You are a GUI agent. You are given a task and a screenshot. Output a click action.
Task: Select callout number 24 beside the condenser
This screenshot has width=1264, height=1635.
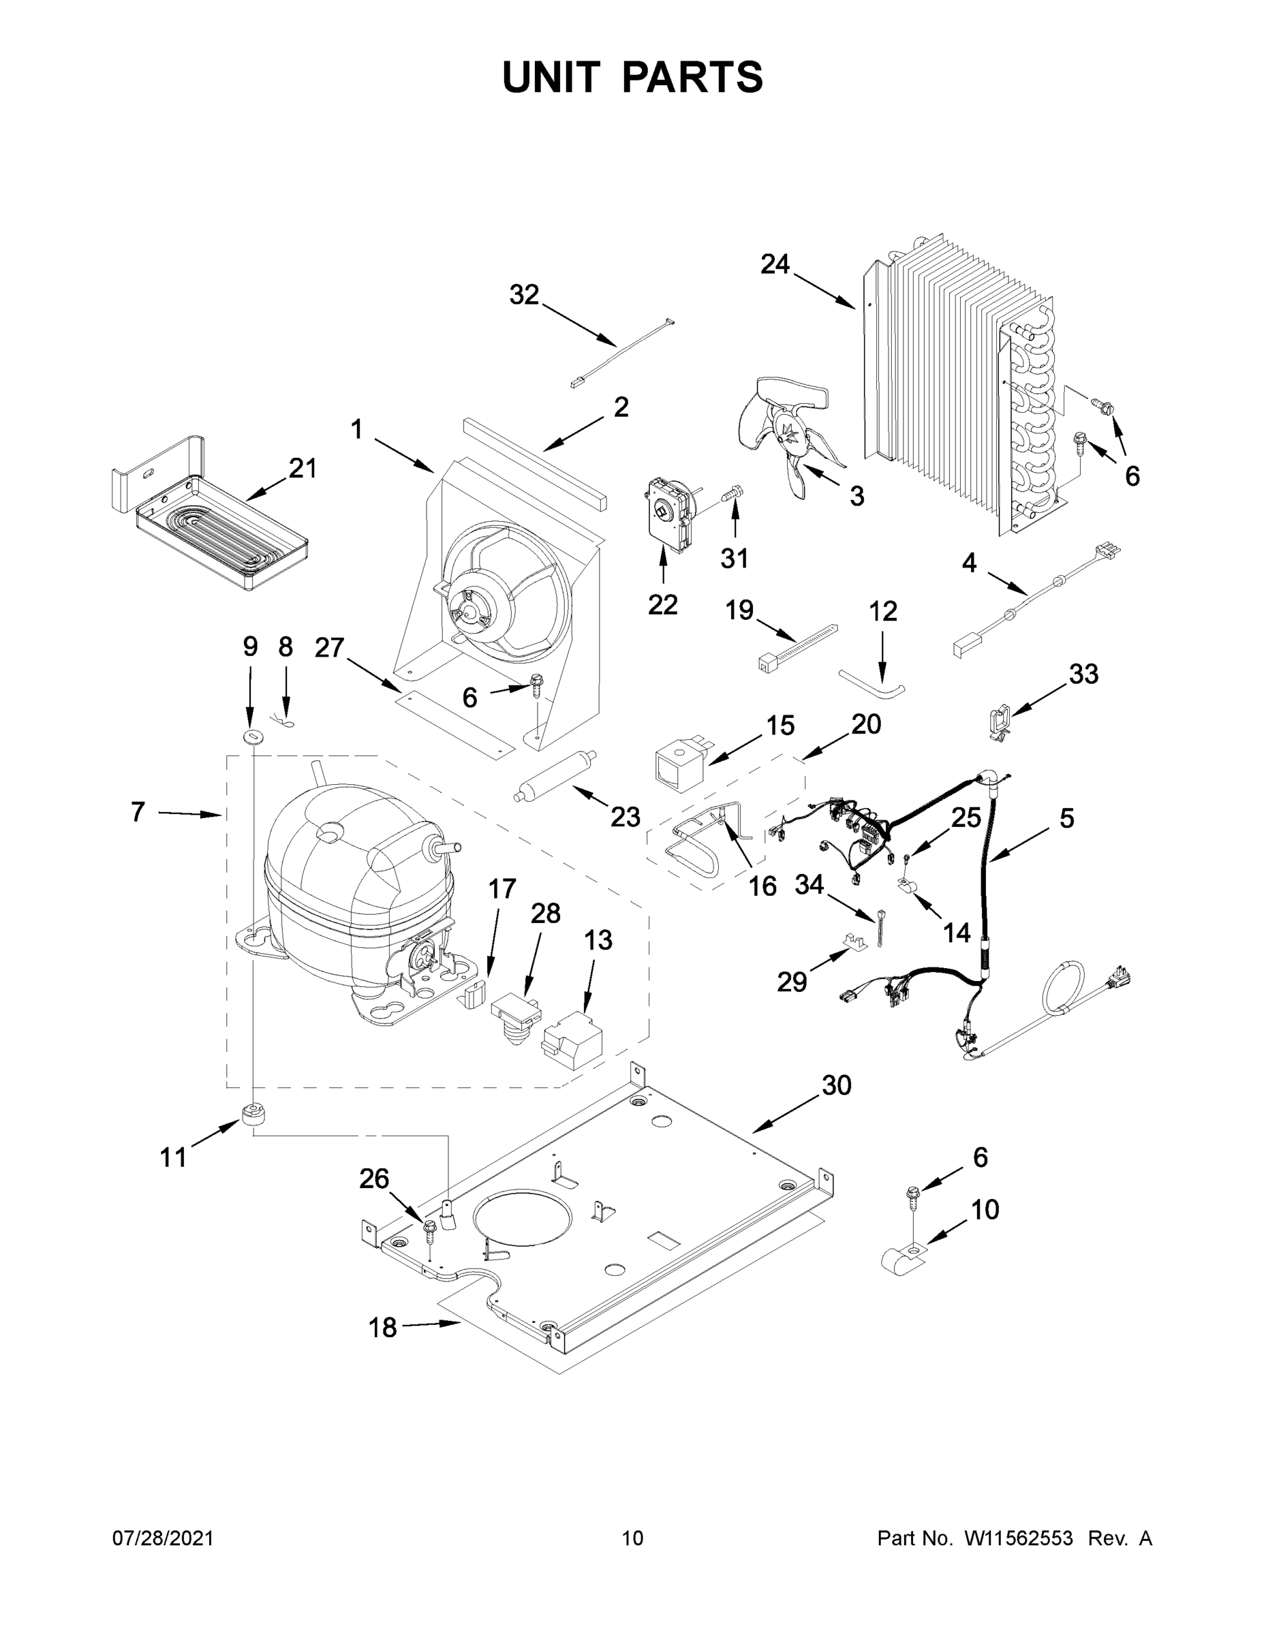point(775,264)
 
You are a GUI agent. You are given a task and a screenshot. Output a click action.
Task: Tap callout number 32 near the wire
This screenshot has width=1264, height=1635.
point(524,295)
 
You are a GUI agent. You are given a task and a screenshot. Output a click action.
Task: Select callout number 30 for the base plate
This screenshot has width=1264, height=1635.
point(837,1085)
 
